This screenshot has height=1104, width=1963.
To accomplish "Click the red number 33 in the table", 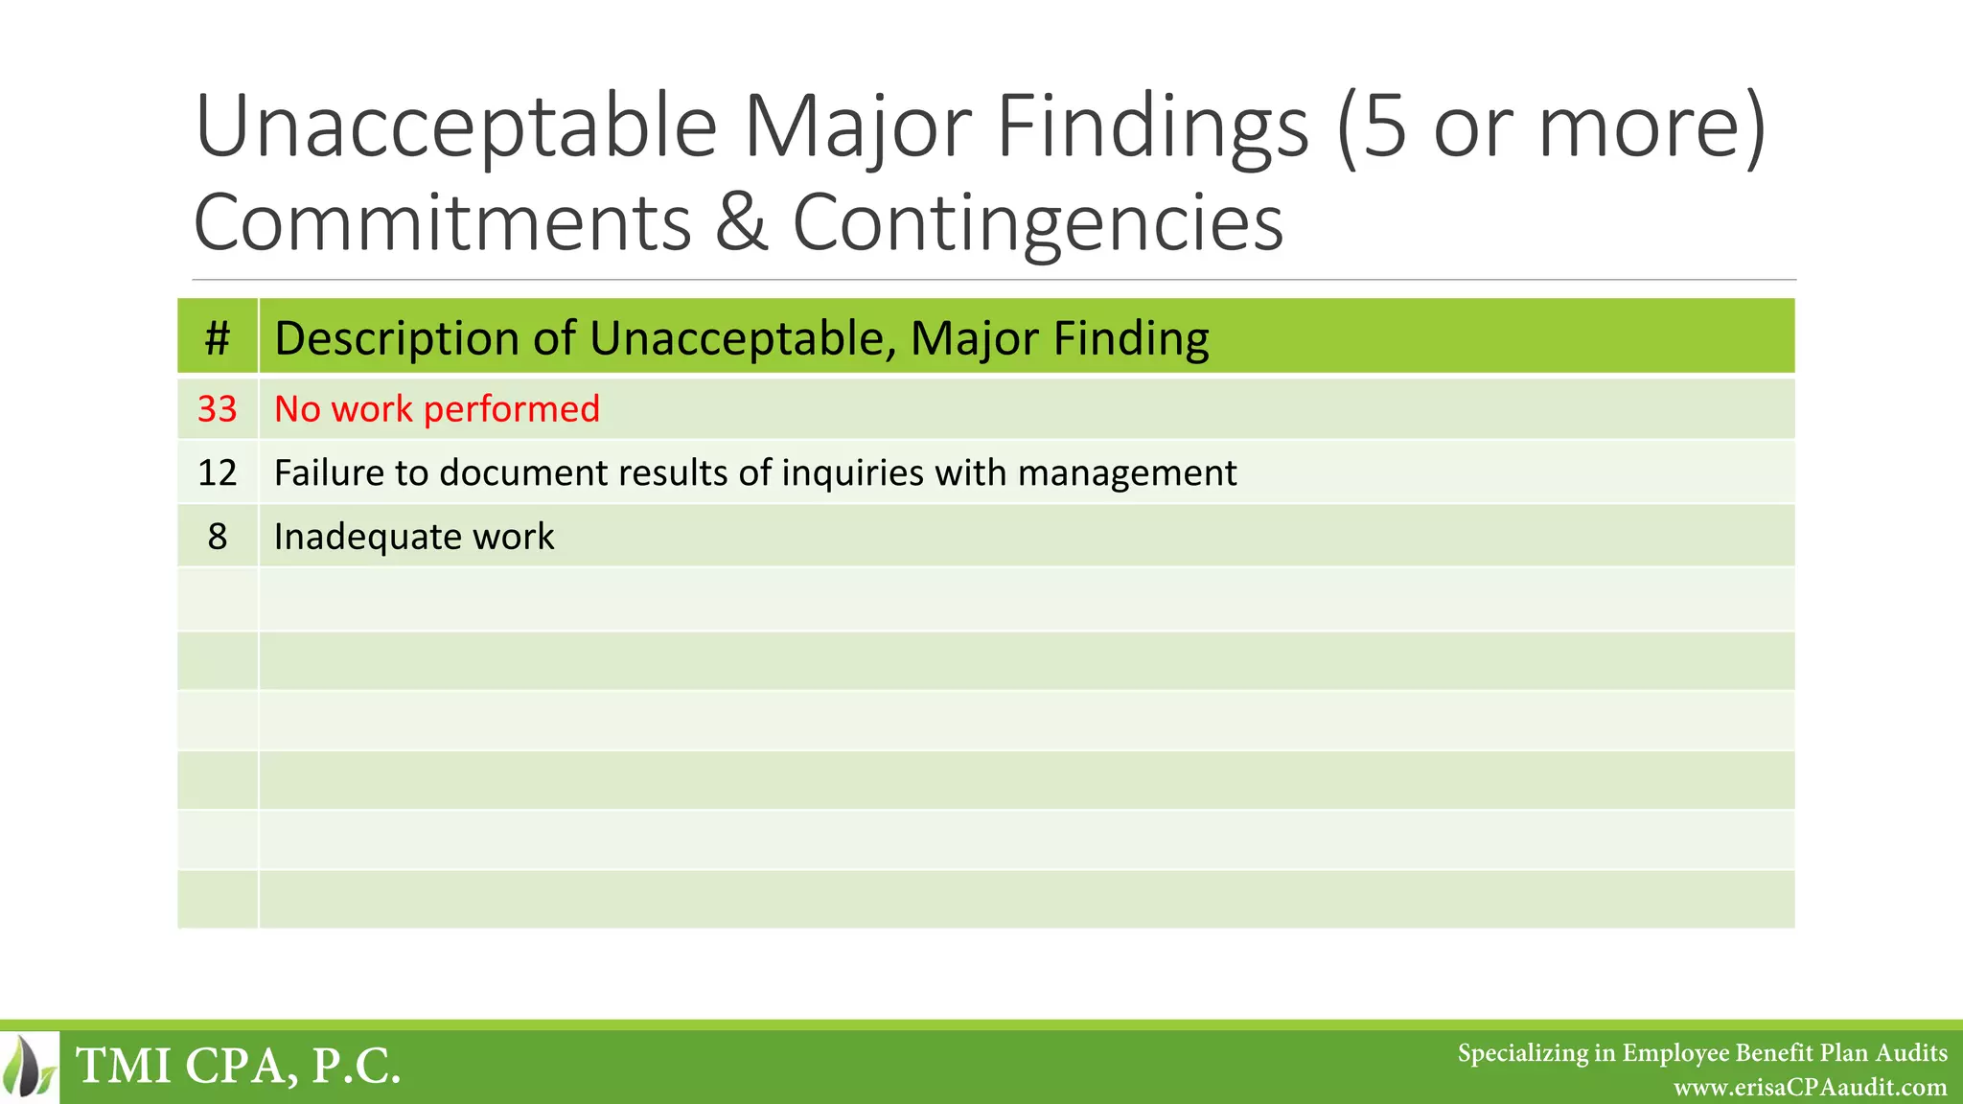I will tap(218, 409).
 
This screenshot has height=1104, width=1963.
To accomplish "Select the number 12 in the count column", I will tap(218, 473).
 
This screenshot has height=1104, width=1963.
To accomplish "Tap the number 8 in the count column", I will tap(218, 537).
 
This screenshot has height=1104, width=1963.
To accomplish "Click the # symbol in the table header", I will tap(218, 338).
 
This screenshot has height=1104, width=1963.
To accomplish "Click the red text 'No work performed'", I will tap(437, 409).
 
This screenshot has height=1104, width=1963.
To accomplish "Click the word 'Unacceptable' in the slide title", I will tap(456, 127).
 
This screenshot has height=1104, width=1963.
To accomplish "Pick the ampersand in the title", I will tap(742, 221).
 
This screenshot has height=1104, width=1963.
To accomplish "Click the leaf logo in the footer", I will tap(30, 1066).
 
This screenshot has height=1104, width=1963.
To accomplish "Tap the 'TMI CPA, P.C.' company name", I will tap(238, 1066).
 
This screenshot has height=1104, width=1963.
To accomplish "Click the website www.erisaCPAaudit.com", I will tap(1810, 1088).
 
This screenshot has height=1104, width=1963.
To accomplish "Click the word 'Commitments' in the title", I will tap(443, 221).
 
